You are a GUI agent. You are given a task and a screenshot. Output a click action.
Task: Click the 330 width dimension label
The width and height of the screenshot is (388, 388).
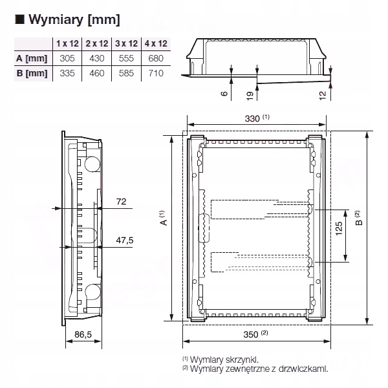pyautogui.click(x=253, y=118)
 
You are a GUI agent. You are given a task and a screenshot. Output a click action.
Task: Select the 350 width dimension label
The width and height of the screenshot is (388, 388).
pyautogui.click(x=253, y=334)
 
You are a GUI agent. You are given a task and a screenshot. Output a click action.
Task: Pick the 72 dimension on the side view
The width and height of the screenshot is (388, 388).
pyautogui.click(x=121, y=202)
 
